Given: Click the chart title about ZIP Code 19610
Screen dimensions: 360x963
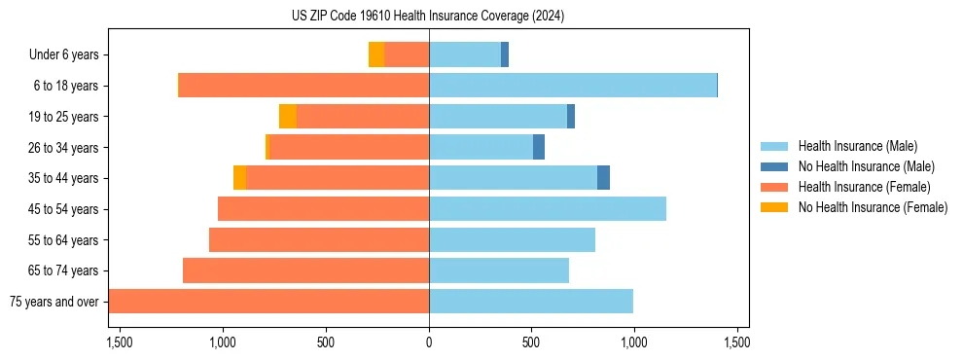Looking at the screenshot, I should pos(428,17).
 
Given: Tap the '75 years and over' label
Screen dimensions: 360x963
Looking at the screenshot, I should pos(53,302).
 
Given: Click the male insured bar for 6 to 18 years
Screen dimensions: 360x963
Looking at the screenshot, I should pos(573,86).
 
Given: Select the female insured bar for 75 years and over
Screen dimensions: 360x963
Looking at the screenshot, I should pos(268,301).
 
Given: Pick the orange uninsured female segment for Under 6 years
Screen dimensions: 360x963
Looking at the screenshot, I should pos(376,54).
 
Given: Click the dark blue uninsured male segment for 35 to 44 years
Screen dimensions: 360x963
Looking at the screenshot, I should pos(603,178).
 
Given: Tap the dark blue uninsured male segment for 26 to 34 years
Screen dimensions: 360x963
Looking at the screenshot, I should pos(539,147).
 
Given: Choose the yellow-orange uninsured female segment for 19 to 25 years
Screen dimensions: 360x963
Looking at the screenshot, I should pos(288,117).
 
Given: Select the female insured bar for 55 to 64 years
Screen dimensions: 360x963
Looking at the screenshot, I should pos(319,239).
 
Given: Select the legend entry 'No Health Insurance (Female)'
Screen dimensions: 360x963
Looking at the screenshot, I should pos(873,207).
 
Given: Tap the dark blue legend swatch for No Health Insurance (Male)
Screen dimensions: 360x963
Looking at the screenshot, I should pos(774,166).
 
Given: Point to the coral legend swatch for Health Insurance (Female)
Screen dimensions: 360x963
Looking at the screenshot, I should pos(774,187).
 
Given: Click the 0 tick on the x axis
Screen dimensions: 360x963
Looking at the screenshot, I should pos(429,342).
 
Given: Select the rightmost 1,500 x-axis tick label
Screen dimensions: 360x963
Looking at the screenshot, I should pos(736,342).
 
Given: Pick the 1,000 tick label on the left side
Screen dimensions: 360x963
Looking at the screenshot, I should pos(223,342).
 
